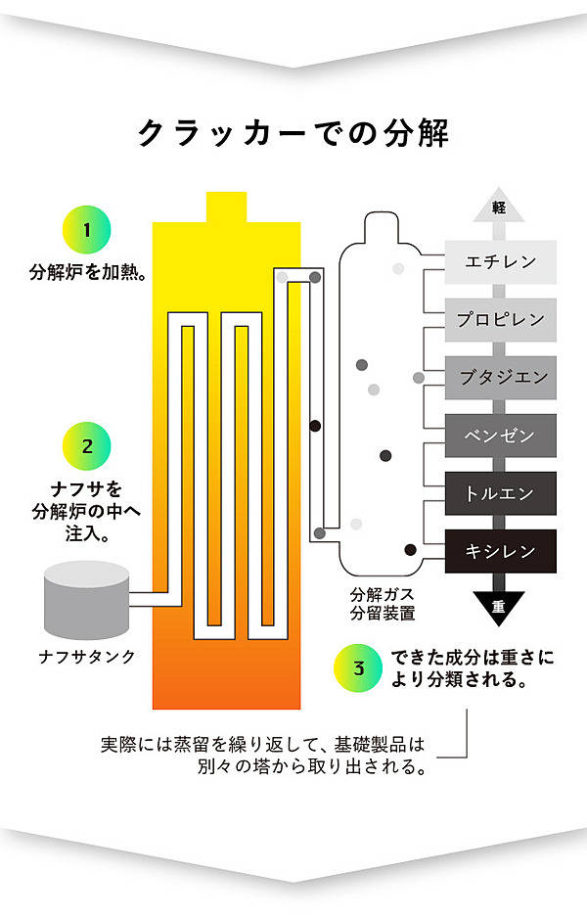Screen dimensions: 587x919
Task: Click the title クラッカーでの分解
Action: pyautogui.click(x=293, y=133)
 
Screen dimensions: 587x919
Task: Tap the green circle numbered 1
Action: pyautogui.click(x=87, y=230)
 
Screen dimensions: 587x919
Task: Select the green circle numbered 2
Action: pyautogui.click(x=87, y=446)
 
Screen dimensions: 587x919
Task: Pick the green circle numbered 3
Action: pyautogui.click(x=358, y=667)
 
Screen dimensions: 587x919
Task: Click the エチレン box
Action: pyautogui.click(x=500, y=261)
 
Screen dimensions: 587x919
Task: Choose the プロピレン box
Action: pyautogui.click(x=500, y=319)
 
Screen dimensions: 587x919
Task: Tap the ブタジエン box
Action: pyautogui.click(x=500, y=378)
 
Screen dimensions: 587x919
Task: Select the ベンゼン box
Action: pyautogui.click(x=500, y=436)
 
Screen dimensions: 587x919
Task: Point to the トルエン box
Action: pyautogui.click(x=500, y=493)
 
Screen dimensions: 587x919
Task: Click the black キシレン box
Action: pyautogui.click(x=500, y=551)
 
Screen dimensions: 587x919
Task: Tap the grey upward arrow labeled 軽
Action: pyautogui.click(x=499, y=206)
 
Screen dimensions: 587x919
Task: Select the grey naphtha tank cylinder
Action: pyautogui.click(x=87, y=600)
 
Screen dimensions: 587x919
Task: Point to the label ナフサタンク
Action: pyautogui.click(x=87, y=657)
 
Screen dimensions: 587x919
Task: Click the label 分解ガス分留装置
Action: pyautogui.click(x=383, y=604)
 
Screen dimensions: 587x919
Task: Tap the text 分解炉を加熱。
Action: pyautogui.click(x=88, y=272)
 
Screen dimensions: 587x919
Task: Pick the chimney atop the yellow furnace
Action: pyautogui.click(x=226, y=207)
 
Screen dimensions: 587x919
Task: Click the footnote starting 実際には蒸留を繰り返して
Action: pyautogui.click(x=263, y=755)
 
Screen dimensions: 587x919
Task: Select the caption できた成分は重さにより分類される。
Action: pyautogui.click(x=472, y=668)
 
